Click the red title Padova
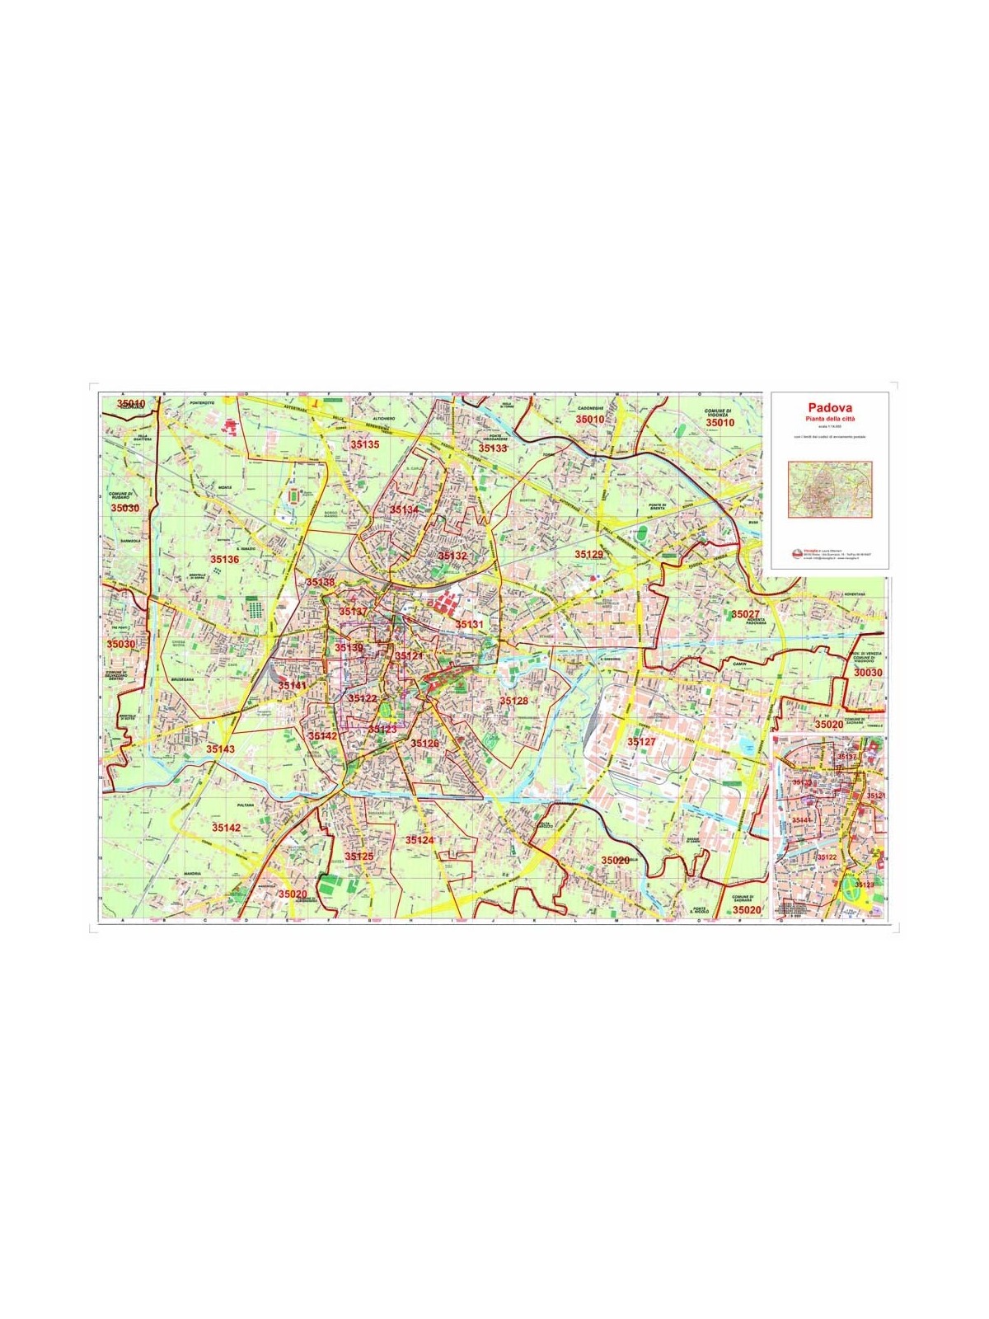tap(830, 407)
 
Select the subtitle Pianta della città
tap(830, 419)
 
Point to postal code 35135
tap(364, 444)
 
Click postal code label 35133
tap(493, 448)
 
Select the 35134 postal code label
tap(405, 510)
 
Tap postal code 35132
tap(452, 556)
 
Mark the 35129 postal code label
tap(589, 554)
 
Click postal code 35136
tap(224, 560)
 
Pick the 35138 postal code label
tap(320, 582)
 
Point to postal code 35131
tap(470, 625)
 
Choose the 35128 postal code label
tap(513, 701)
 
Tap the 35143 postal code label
tap(220, 749)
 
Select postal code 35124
tap(419, 840)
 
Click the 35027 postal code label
tap(745, 614)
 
